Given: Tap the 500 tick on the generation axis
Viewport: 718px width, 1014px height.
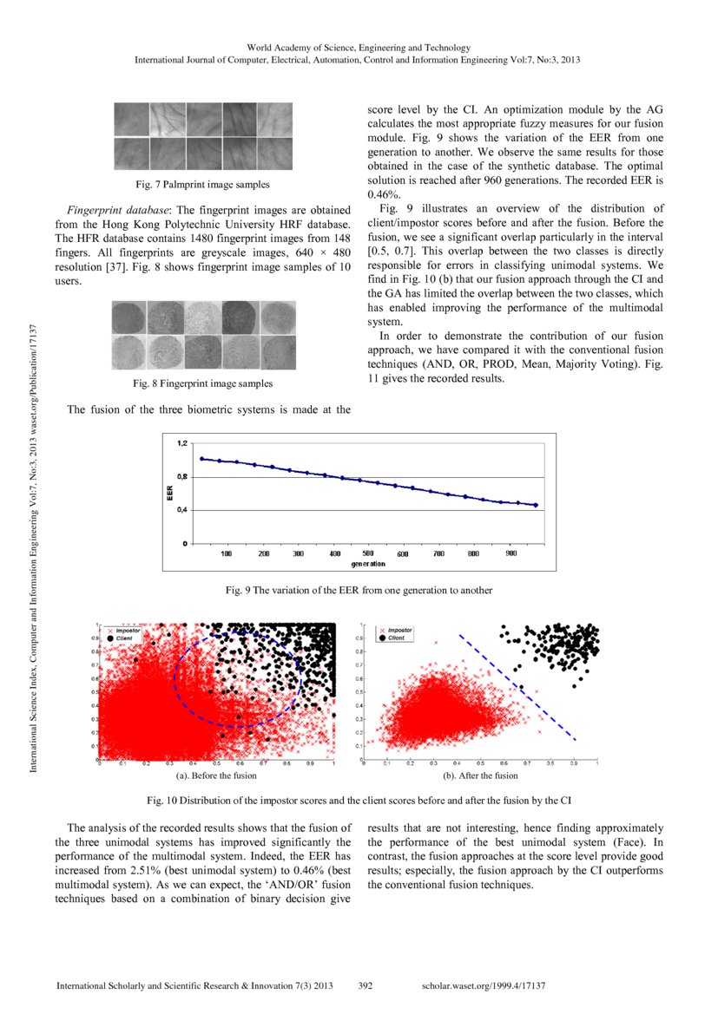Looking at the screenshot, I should [x=367, y=553].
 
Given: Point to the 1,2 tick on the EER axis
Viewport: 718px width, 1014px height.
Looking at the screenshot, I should [x=182, y=443].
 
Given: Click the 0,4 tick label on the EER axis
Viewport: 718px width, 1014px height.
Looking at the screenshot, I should [x=182, y=510].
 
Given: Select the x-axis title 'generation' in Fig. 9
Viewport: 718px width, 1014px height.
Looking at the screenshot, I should [x=369, y=564].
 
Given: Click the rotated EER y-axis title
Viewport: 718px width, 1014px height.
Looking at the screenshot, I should [x=171, y=494].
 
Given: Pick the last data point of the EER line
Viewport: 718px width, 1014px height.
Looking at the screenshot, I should [x=536, y=505].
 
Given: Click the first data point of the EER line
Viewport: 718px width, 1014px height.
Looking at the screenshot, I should [x=201, y=459].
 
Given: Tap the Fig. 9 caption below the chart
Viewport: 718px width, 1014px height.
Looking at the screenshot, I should [x=359, y=590].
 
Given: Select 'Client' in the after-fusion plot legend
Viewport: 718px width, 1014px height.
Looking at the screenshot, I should [x=396, y=638].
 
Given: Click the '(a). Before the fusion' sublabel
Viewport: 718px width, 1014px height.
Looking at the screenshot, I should [x=215, y=775].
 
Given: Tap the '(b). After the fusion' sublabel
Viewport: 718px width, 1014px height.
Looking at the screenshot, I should [x=480, y=775].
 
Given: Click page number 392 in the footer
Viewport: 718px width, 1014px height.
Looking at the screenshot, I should [x=366, y=986].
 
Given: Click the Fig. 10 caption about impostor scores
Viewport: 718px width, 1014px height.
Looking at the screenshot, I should [x=359, y=799].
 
